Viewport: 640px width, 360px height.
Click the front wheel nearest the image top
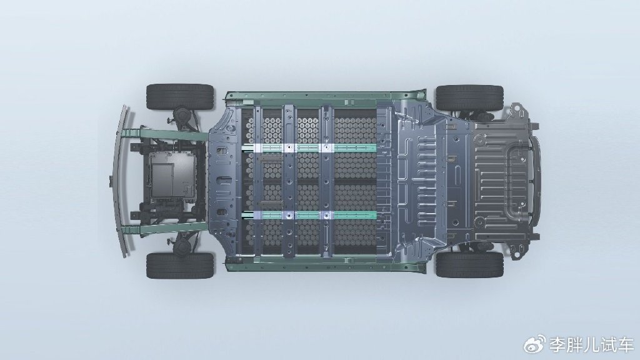pos(180,97)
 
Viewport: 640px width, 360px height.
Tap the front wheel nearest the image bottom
pos(180,265)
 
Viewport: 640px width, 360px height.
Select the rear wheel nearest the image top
pos(469,98)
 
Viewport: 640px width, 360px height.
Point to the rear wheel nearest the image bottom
pos(469,264)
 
